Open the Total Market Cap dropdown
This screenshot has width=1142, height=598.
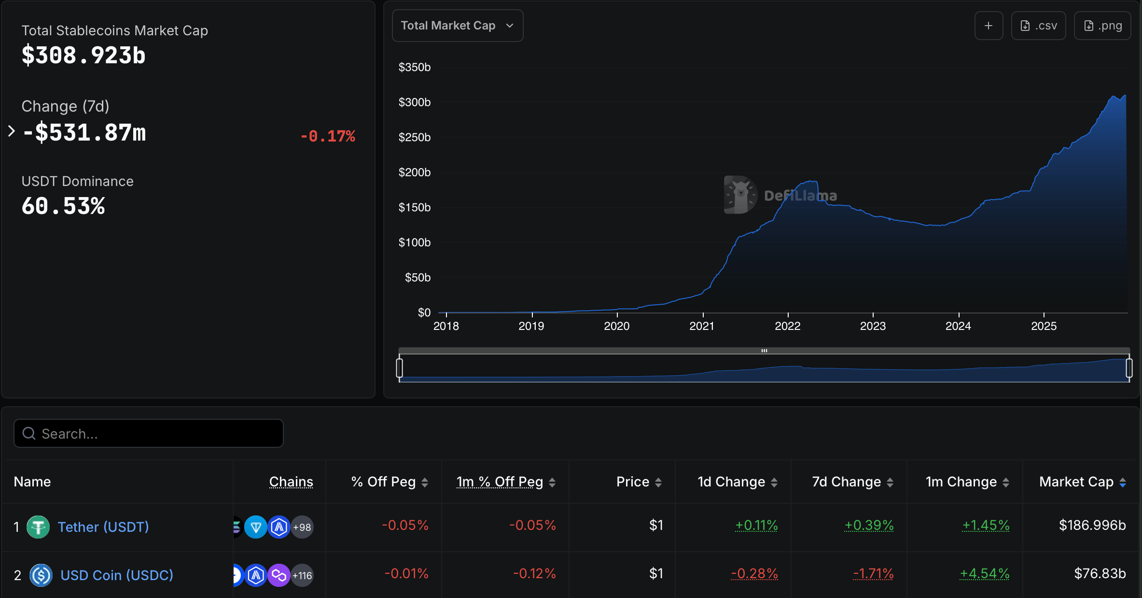(x=457, y=26)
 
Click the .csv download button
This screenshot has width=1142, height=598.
(x=1038, y=26)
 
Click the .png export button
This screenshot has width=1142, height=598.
(x=1102, y=26)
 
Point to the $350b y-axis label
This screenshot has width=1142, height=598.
(x=414, y=67)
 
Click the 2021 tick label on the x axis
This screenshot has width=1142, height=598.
(x=702, y=326)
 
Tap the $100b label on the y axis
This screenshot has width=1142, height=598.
(x=414, y=242)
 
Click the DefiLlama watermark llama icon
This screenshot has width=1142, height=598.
(x=740, y=195)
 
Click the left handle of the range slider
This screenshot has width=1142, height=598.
(x=399, y=368)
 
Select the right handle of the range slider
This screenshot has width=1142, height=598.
(x=1129, y=368)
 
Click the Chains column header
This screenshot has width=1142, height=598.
(x=291, y=482)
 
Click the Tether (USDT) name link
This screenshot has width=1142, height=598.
(x=103, y=527)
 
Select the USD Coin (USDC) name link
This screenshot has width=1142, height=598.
(x=117, y=575)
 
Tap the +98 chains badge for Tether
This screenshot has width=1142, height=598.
(x=302, y=527)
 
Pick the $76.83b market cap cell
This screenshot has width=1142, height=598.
(x=1100, y=573)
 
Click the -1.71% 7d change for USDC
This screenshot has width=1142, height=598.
(x=873, y=573)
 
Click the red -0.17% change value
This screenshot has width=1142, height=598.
(x=328, y=136)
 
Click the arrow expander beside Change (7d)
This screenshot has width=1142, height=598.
(x=12, y=131)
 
